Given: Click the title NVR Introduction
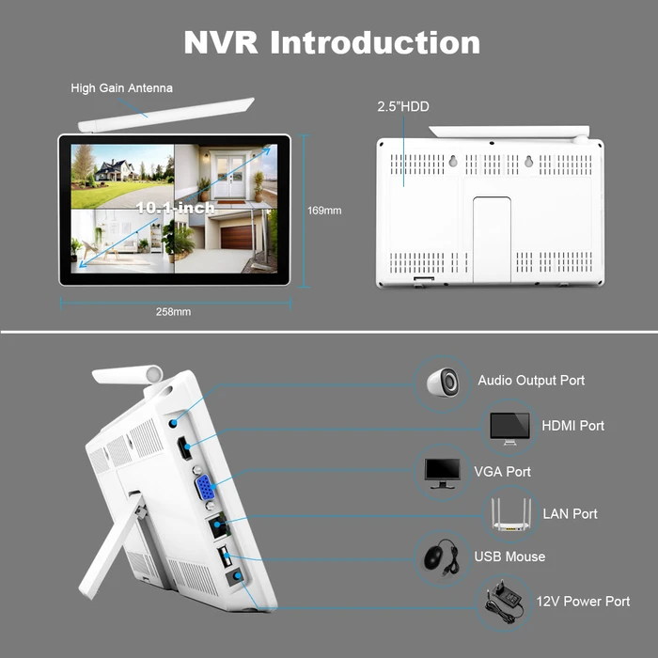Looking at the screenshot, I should tap(331, 42).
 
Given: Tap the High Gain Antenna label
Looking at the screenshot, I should tap(122, 88).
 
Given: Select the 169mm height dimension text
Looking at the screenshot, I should tap(324, 210).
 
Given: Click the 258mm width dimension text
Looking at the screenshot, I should tap(174, 312).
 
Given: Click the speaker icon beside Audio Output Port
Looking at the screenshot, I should tap(442, 381).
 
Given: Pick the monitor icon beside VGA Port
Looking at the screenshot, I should tap(443, 472).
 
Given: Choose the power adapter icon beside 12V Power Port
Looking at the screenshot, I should tap(504, 601).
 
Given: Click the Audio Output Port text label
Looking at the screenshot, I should tap(531, 381).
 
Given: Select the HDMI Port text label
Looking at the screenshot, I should tap(572, 426).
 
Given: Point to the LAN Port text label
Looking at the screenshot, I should tap(570, 514).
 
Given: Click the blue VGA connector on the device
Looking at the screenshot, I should tap(203, 489).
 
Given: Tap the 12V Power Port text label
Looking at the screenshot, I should tap(583, 602).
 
